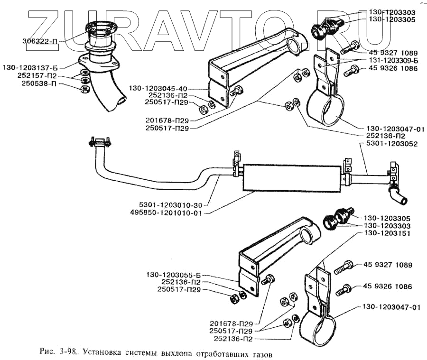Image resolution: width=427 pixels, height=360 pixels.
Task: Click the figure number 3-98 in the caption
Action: click(x=70, y=352)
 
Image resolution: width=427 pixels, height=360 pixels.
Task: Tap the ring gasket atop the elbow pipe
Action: click(x=101, y=28)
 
